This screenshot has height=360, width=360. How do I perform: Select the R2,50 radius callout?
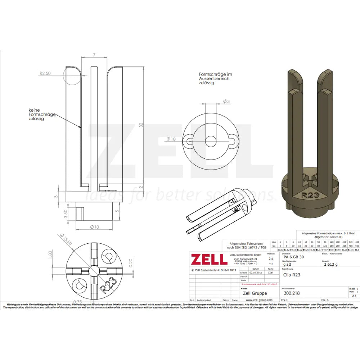click(x=45, y=73)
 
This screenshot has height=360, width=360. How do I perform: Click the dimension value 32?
click(x=141, y=125)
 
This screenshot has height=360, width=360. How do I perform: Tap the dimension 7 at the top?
click(x=94, y=54)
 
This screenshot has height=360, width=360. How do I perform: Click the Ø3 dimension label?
click(x=226, y=102)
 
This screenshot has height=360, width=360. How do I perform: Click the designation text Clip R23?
click(x=292, y=275)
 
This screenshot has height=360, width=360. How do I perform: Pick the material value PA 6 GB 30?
click(x=293, y=257)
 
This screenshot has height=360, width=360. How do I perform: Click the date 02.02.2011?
click(x=256, y=273)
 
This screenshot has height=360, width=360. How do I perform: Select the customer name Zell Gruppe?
click(x=255, y=293)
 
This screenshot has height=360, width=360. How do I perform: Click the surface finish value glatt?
click(x=288, y=264)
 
